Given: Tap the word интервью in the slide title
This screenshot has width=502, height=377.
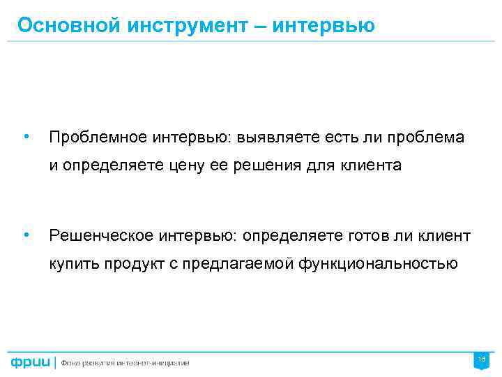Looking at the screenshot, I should click(x=323, y=26).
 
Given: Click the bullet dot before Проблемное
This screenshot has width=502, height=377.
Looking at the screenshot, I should click(x=25, y=136).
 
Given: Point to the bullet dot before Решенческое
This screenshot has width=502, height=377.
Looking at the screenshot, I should click(x=25, y=235).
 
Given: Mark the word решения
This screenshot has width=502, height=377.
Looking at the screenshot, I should click(x=277, y=166).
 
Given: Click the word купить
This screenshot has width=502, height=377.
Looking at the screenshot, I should click(x=74, y=264).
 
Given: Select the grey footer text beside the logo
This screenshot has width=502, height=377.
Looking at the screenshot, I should click(x=125, y=362).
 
